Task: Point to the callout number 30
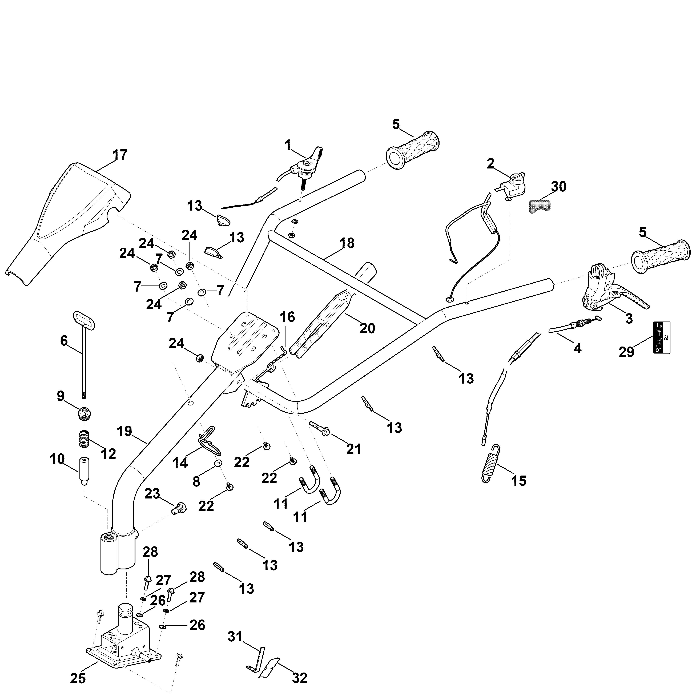[x=559, y=187]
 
